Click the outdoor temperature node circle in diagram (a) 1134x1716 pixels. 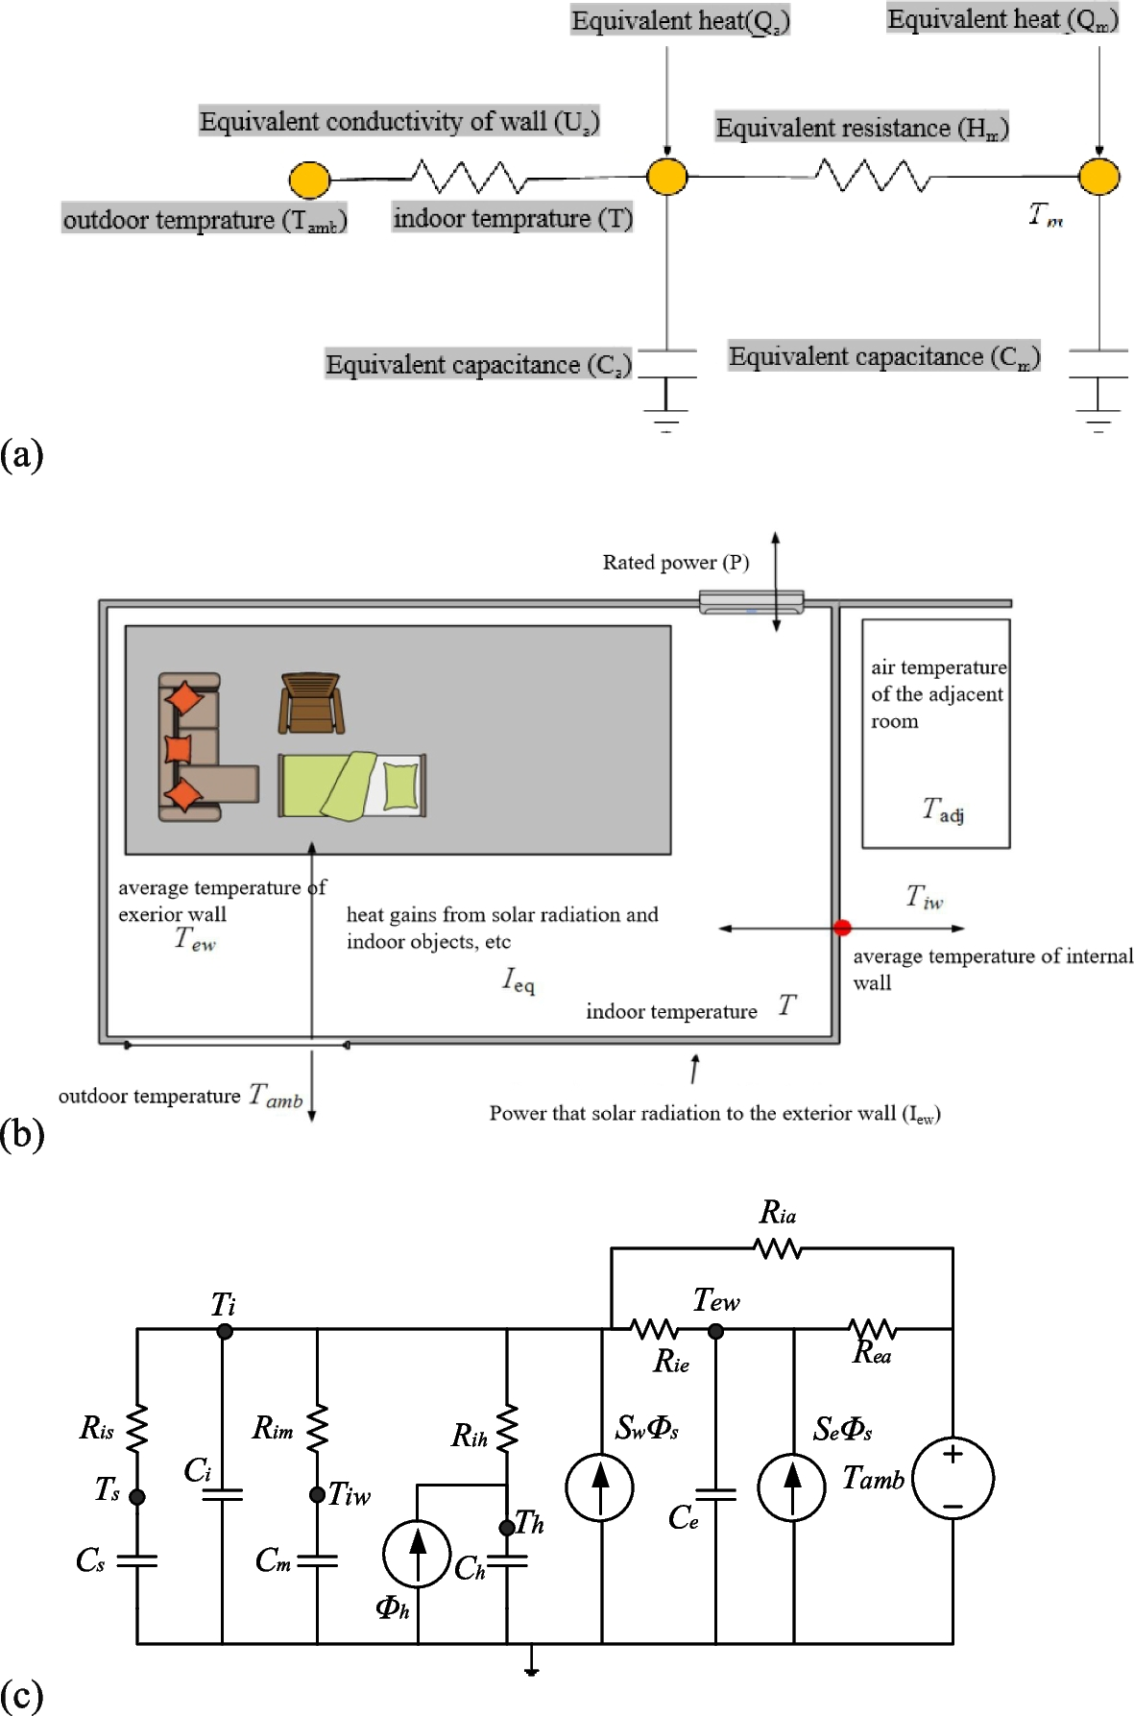tap(309, 180)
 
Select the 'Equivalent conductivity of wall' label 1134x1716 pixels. tap(398, 122)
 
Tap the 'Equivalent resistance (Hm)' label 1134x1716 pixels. tap(861, 128)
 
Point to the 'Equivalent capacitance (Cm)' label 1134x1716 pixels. tap(883, 357)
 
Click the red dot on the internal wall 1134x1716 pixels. tap(842, 928)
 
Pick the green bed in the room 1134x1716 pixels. tap(351, 785)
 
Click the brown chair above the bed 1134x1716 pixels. tap(310, 703)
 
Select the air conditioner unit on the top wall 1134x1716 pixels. tap(751, 603)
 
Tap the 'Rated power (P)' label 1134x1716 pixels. tap(675, 563)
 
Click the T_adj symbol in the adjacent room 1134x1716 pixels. tap(943, 810)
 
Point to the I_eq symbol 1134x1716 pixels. tap(519, 980)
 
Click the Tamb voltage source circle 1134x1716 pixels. tap(953, 1479)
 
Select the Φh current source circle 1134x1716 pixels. tap(417, 1554)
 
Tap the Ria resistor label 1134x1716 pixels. tap(778, 1214)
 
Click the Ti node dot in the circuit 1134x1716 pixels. tap(224, 1331)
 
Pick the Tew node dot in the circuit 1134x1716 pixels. tap(715, 1331)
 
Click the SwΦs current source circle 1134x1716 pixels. tap(600, 1487)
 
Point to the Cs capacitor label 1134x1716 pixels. tap(89, 1560)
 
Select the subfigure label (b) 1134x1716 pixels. tap(22, 1134)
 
